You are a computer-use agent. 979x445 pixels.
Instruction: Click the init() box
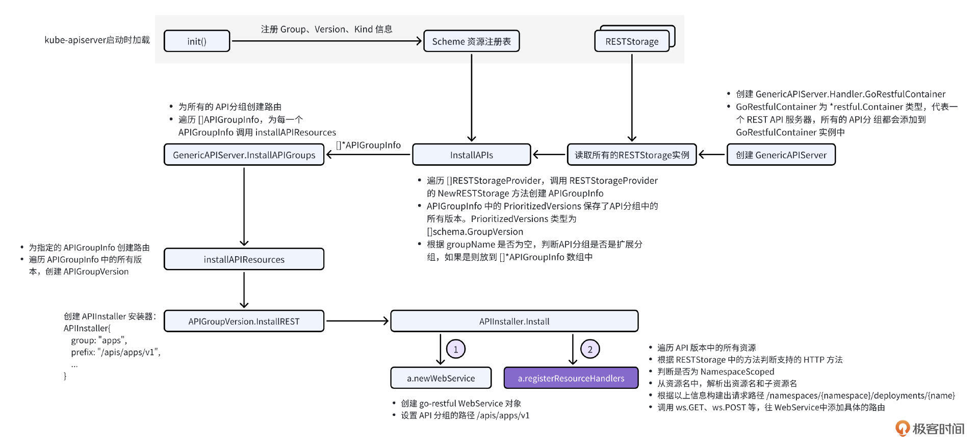[197, 41]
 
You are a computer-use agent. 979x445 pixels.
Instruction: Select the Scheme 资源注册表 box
[471, 41]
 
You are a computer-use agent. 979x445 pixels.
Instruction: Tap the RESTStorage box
[632, 41]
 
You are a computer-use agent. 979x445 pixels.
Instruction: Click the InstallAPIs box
[471, 155]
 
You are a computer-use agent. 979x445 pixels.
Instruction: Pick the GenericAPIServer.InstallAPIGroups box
[244, 155]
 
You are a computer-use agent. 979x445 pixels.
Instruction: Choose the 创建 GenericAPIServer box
[781, 155]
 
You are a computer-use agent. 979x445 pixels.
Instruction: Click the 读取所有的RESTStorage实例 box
[632, 155]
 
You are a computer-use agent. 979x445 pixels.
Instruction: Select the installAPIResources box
[244, 259]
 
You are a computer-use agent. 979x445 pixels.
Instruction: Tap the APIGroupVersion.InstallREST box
[244, 321]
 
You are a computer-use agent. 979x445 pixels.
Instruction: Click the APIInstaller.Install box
[514, 321]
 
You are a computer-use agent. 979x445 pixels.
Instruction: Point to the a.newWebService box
[441, 378]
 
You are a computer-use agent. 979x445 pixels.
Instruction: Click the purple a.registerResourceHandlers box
[571, 378]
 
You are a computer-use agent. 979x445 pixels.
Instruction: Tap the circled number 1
[455, 349]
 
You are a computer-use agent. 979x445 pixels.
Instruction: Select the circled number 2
[590, 349]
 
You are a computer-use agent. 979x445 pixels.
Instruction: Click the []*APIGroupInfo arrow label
[368, 145]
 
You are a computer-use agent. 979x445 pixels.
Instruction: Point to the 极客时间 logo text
[938, 429]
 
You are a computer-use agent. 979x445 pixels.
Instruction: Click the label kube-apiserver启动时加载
[97, 40]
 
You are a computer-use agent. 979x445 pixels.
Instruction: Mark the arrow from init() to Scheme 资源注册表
[326, 41]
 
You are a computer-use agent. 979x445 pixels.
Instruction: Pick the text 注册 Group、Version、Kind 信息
[326, 29]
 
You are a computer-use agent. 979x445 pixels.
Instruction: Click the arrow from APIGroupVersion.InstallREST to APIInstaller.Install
[357, 321]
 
